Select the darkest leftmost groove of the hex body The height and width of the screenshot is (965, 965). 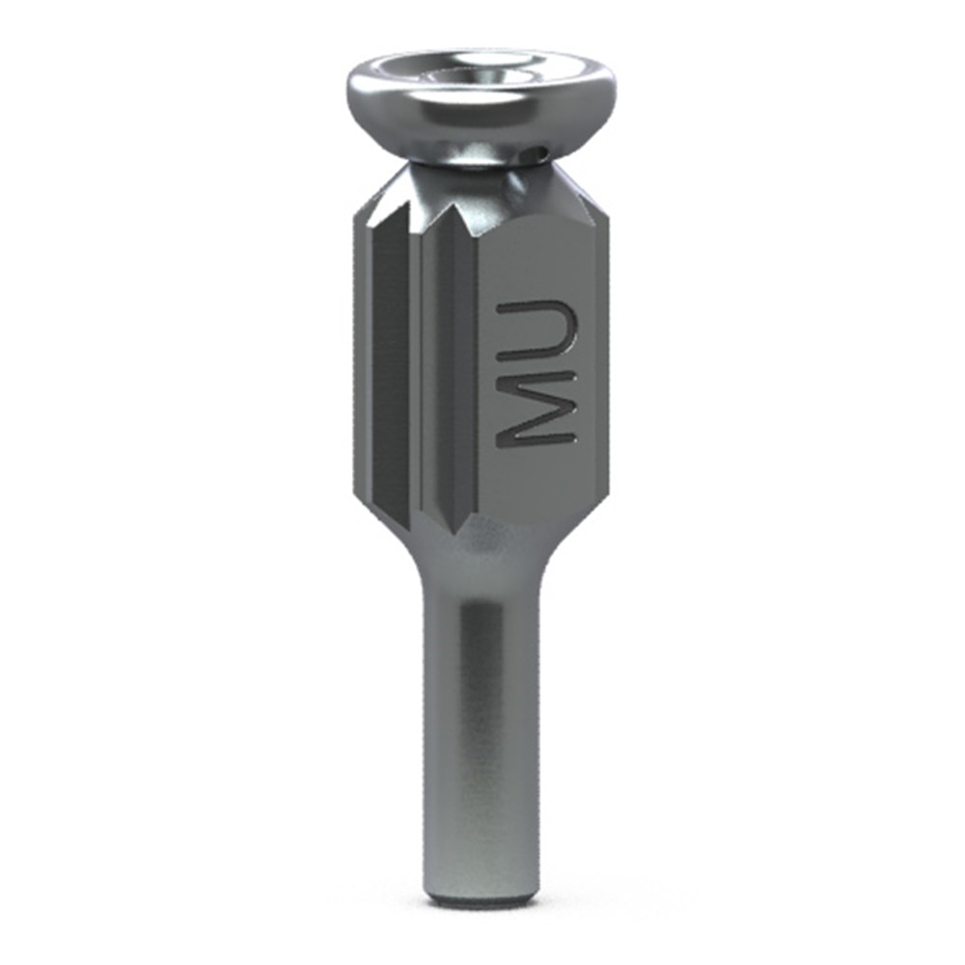click(x=392, y=370)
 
